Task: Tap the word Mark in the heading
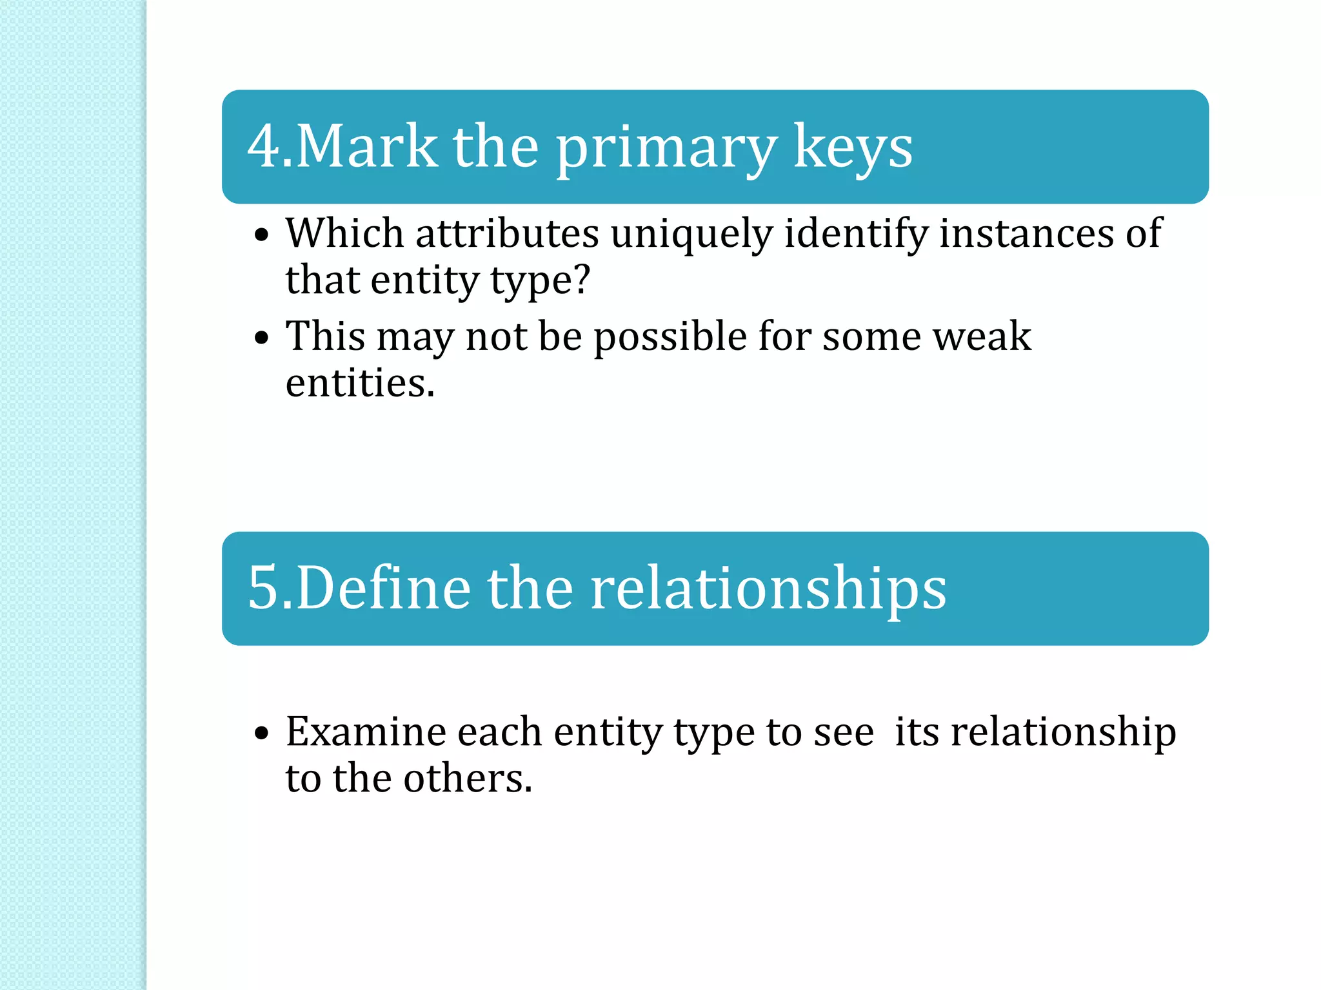coord(366,147)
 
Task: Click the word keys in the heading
coord(853,150)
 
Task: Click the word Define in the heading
coord(383,588)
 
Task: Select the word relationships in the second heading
coord(768,589)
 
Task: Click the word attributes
coord(507,234)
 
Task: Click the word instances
coord(1026,234)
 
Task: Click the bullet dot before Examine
coord(261,733)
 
